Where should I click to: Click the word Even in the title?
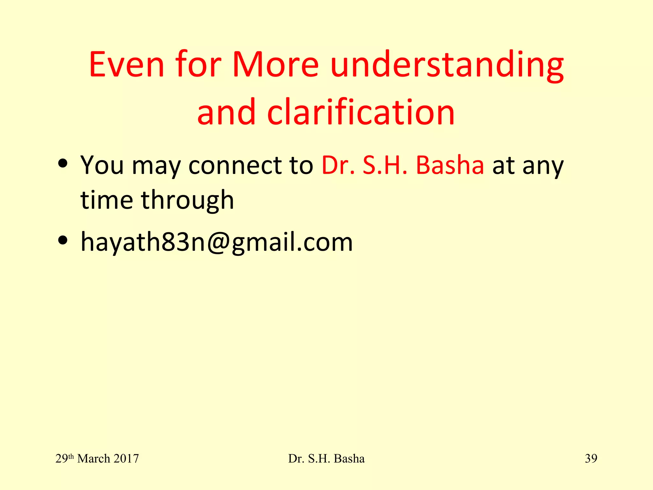pyautogui.click(x=127, y=64)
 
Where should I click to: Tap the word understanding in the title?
pyautogui.click(x=447, y=65)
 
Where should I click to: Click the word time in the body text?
pyautogui.click(x=106, y=200)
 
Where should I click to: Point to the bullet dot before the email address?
pyautogui.click(x=63, y=240)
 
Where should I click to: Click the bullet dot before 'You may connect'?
pyautogui.click(x=63, y=163)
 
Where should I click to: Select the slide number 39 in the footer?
pyautogui.click(x=591, y=458)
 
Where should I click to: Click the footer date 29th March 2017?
pyautogui.click(x=97, y=458)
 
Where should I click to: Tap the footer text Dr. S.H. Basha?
pyautogui.click(x=326, y=458)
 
